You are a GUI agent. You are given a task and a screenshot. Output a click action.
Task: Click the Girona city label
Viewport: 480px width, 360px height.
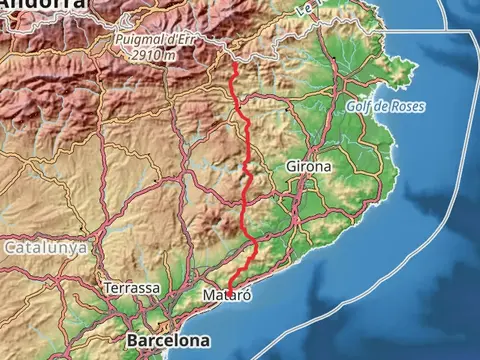(307, 166)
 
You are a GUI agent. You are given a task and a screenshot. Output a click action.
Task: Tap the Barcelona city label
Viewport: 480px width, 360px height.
(168, 341)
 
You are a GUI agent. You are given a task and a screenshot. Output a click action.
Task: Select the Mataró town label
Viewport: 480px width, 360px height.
(227, 297)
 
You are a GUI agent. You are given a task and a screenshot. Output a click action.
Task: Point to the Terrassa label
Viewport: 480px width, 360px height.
(132, 288)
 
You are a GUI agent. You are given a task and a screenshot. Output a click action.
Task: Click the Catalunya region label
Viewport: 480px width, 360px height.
(45, 246)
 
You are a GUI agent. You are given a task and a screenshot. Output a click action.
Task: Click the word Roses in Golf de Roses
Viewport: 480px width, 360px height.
(407, 106)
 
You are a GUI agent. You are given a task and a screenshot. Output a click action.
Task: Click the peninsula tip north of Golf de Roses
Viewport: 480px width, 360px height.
(413, 69)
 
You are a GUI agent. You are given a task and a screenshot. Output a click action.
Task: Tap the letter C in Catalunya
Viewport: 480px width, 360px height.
(10, 246)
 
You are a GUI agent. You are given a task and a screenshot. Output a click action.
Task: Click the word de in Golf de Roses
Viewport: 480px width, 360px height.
(384, 106)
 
